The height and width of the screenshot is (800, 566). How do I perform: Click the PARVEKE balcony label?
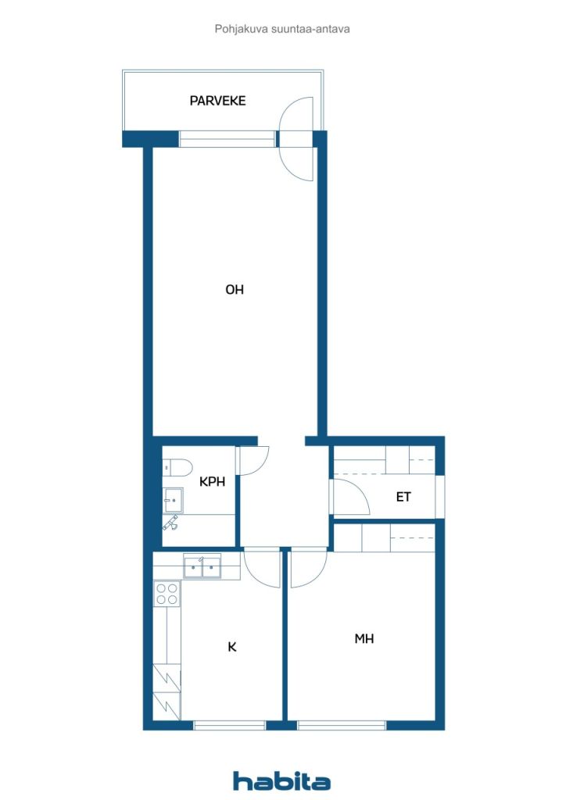(217, 101)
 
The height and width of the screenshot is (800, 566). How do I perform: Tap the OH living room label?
(235, 290)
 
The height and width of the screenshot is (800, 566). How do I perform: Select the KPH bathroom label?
(212, 481)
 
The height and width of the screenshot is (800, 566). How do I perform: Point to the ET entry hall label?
(403, 496)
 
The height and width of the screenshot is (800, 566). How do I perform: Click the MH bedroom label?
(364, 638)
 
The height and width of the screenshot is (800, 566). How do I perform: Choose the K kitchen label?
(231, 647)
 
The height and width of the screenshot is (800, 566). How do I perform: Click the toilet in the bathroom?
(177, 467)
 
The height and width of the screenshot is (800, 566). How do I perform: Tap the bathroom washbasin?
(173, 498)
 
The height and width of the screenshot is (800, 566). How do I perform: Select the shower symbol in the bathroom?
(170, 523)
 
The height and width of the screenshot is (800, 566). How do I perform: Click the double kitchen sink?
(202, 567)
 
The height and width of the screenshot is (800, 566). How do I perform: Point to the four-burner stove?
(167, 594)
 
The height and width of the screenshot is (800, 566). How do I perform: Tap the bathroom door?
(253, 461)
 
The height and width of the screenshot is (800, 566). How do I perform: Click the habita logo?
(281, 780)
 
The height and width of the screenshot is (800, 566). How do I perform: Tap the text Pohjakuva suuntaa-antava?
(282, 29)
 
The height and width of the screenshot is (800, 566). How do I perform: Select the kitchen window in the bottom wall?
(230, 725)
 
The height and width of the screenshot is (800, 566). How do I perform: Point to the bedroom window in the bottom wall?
(342, 725)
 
